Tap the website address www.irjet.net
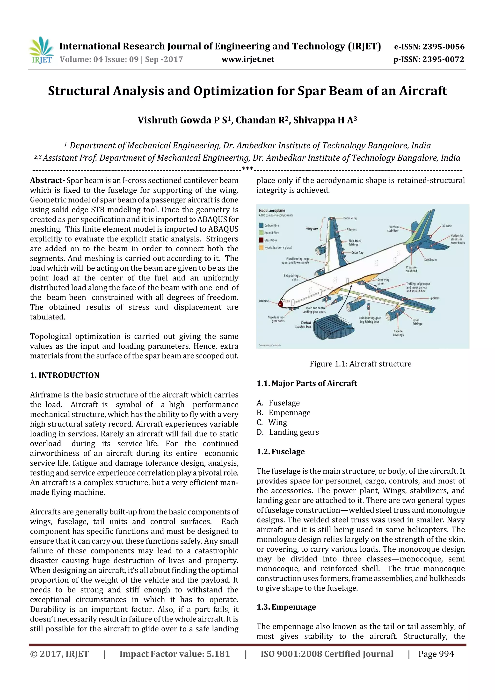(248, 59)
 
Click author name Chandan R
(262, 120)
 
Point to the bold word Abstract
(46, 180)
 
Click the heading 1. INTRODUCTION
(65, 375)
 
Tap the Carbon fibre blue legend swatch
(261, 225)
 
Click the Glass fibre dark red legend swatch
(261, 240)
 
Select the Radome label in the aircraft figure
(264, 301)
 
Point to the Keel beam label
(430, 260)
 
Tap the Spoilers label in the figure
(434, 298)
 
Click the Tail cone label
(446, 226)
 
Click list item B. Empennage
(284, 412)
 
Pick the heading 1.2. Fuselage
(281, 452)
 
